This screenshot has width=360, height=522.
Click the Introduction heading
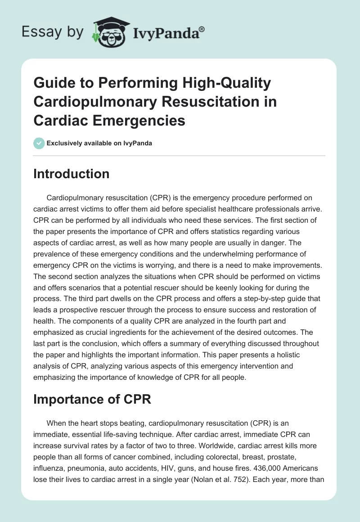[71, 174]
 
